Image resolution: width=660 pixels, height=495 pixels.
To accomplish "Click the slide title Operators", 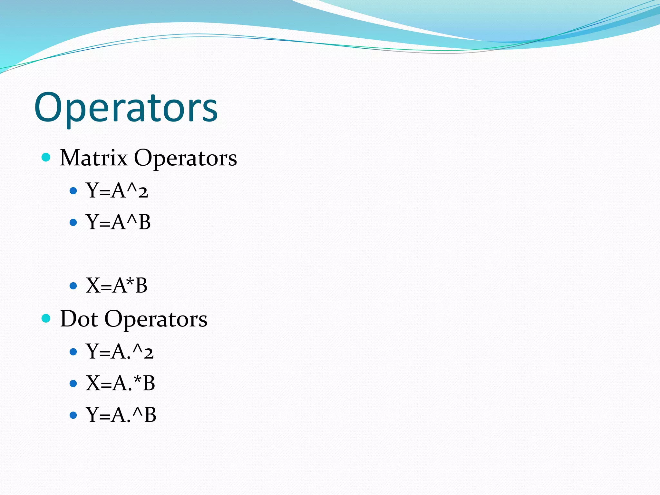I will (126, 108).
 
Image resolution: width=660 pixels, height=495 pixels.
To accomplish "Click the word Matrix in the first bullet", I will (94, 158).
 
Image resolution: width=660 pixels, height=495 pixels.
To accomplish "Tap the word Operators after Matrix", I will (185, 158).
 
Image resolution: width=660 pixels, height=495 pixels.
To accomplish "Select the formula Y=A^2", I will (117, 190).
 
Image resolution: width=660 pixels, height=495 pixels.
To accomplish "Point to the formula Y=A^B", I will (118, 222).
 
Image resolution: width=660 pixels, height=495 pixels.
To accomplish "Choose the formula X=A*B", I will (116, 286).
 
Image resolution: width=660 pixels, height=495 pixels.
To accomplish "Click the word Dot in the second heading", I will (79, 319).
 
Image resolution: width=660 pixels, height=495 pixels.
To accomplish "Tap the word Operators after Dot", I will (156, 319).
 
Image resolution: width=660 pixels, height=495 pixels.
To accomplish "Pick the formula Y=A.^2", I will (119, 351).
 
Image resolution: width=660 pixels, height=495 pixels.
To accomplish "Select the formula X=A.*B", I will (120, 383).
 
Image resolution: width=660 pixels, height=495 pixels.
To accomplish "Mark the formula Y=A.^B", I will (121, 415).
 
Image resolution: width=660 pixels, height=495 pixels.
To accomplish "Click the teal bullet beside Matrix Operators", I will (46, 157).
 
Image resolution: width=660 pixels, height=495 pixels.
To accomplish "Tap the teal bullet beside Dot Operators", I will (46, 318).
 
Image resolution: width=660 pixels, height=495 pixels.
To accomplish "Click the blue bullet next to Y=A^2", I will (73, 191).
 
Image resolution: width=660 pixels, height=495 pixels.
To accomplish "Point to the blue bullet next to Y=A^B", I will (73, 222).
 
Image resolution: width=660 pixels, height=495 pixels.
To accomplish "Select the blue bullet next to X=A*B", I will (73, 286).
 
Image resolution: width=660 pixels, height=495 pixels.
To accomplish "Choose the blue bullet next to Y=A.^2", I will (73, 352).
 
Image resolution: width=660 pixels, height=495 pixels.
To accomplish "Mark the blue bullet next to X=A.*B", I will (73, 383).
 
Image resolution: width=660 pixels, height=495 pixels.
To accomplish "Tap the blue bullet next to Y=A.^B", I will (73, 415).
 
